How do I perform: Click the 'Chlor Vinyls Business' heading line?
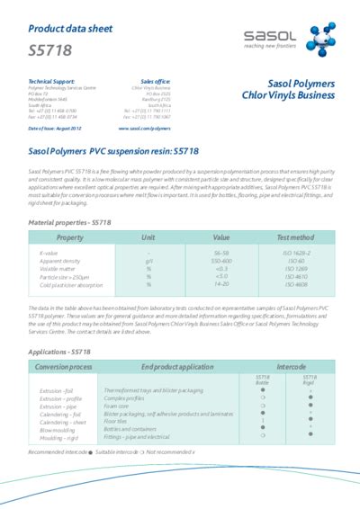288,96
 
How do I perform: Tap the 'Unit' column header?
148,237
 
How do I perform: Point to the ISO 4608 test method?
295,284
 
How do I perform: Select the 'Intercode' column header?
291,368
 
